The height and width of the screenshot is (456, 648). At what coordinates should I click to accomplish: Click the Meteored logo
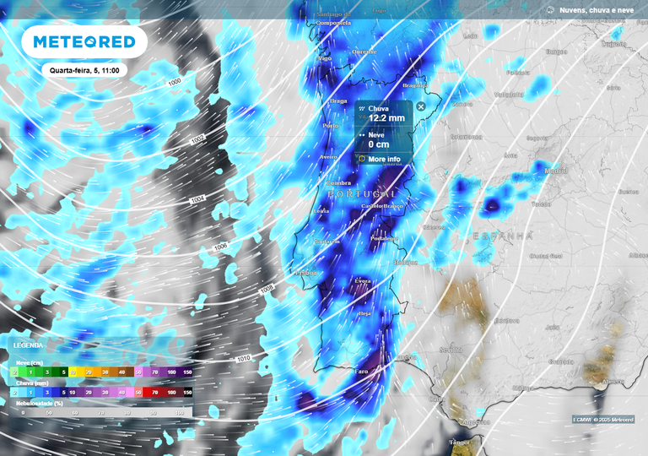pyautogui.click(x=84, y=41)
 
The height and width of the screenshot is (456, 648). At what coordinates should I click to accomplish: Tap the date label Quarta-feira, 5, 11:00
pyautogui.click(x=84, y=71)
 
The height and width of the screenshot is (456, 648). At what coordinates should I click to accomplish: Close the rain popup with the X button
pyautogui.click(x=421, y=107)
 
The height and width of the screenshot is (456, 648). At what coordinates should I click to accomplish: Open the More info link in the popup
pyautogui.click(x=384, y=159)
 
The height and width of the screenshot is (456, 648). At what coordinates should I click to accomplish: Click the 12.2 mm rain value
pyautogui.click(x=387, y=119)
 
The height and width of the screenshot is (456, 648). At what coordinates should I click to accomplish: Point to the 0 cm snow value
pyautogui.click(x=378, y=144)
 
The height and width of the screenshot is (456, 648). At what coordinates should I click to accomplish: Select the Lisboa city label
pyautogui.click(x=305, y=273)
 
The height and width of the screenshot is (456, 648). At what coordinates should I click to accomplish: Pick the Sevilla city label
pyautogui.click(x=451, y=350)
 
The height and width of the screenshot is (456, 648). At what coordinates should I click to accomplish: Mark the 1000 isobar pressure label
pyautogui.click(x=175, y=82)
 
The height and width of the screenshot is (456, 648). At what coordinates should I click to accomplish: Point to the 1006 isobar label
pyautogui.click(x=221, y=247)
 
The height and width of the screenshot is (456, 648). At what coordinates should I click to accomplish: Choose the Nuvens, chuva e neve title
pyautogui.click(x=597, y=9)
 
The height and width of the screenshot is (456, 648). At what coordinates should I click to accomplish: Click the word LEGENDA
pyautogui.click(x=28, y=345)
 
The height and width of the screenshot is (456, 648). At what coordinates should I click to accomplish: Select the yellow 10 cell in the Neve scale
pyautogui.click(x=73, y=372)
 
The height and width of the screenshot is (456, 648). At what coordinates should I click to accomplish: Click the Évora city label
pyautogui.click(x=363, y=280)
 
